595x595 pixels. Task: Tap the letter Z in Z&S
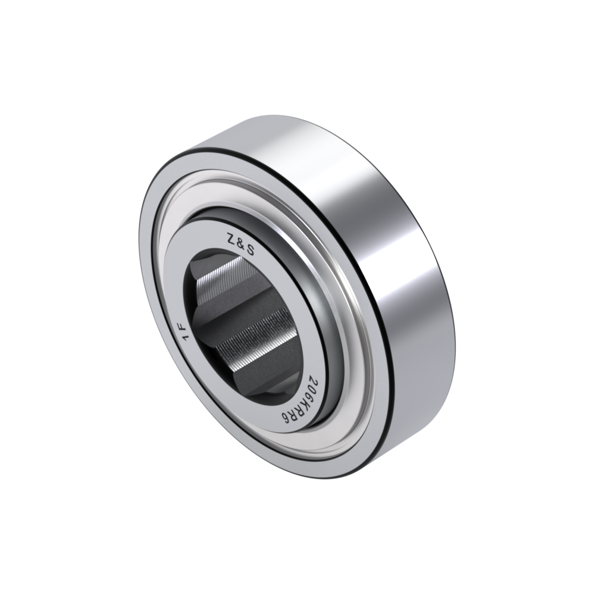(x=230, y=239)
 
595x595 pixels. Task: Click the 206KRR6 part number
(x=300, y=396)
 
